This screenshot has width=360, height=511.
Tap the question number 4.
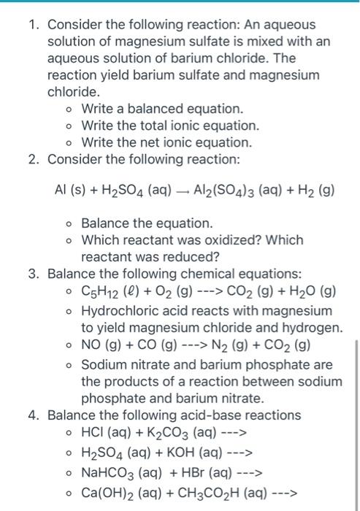32,415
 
